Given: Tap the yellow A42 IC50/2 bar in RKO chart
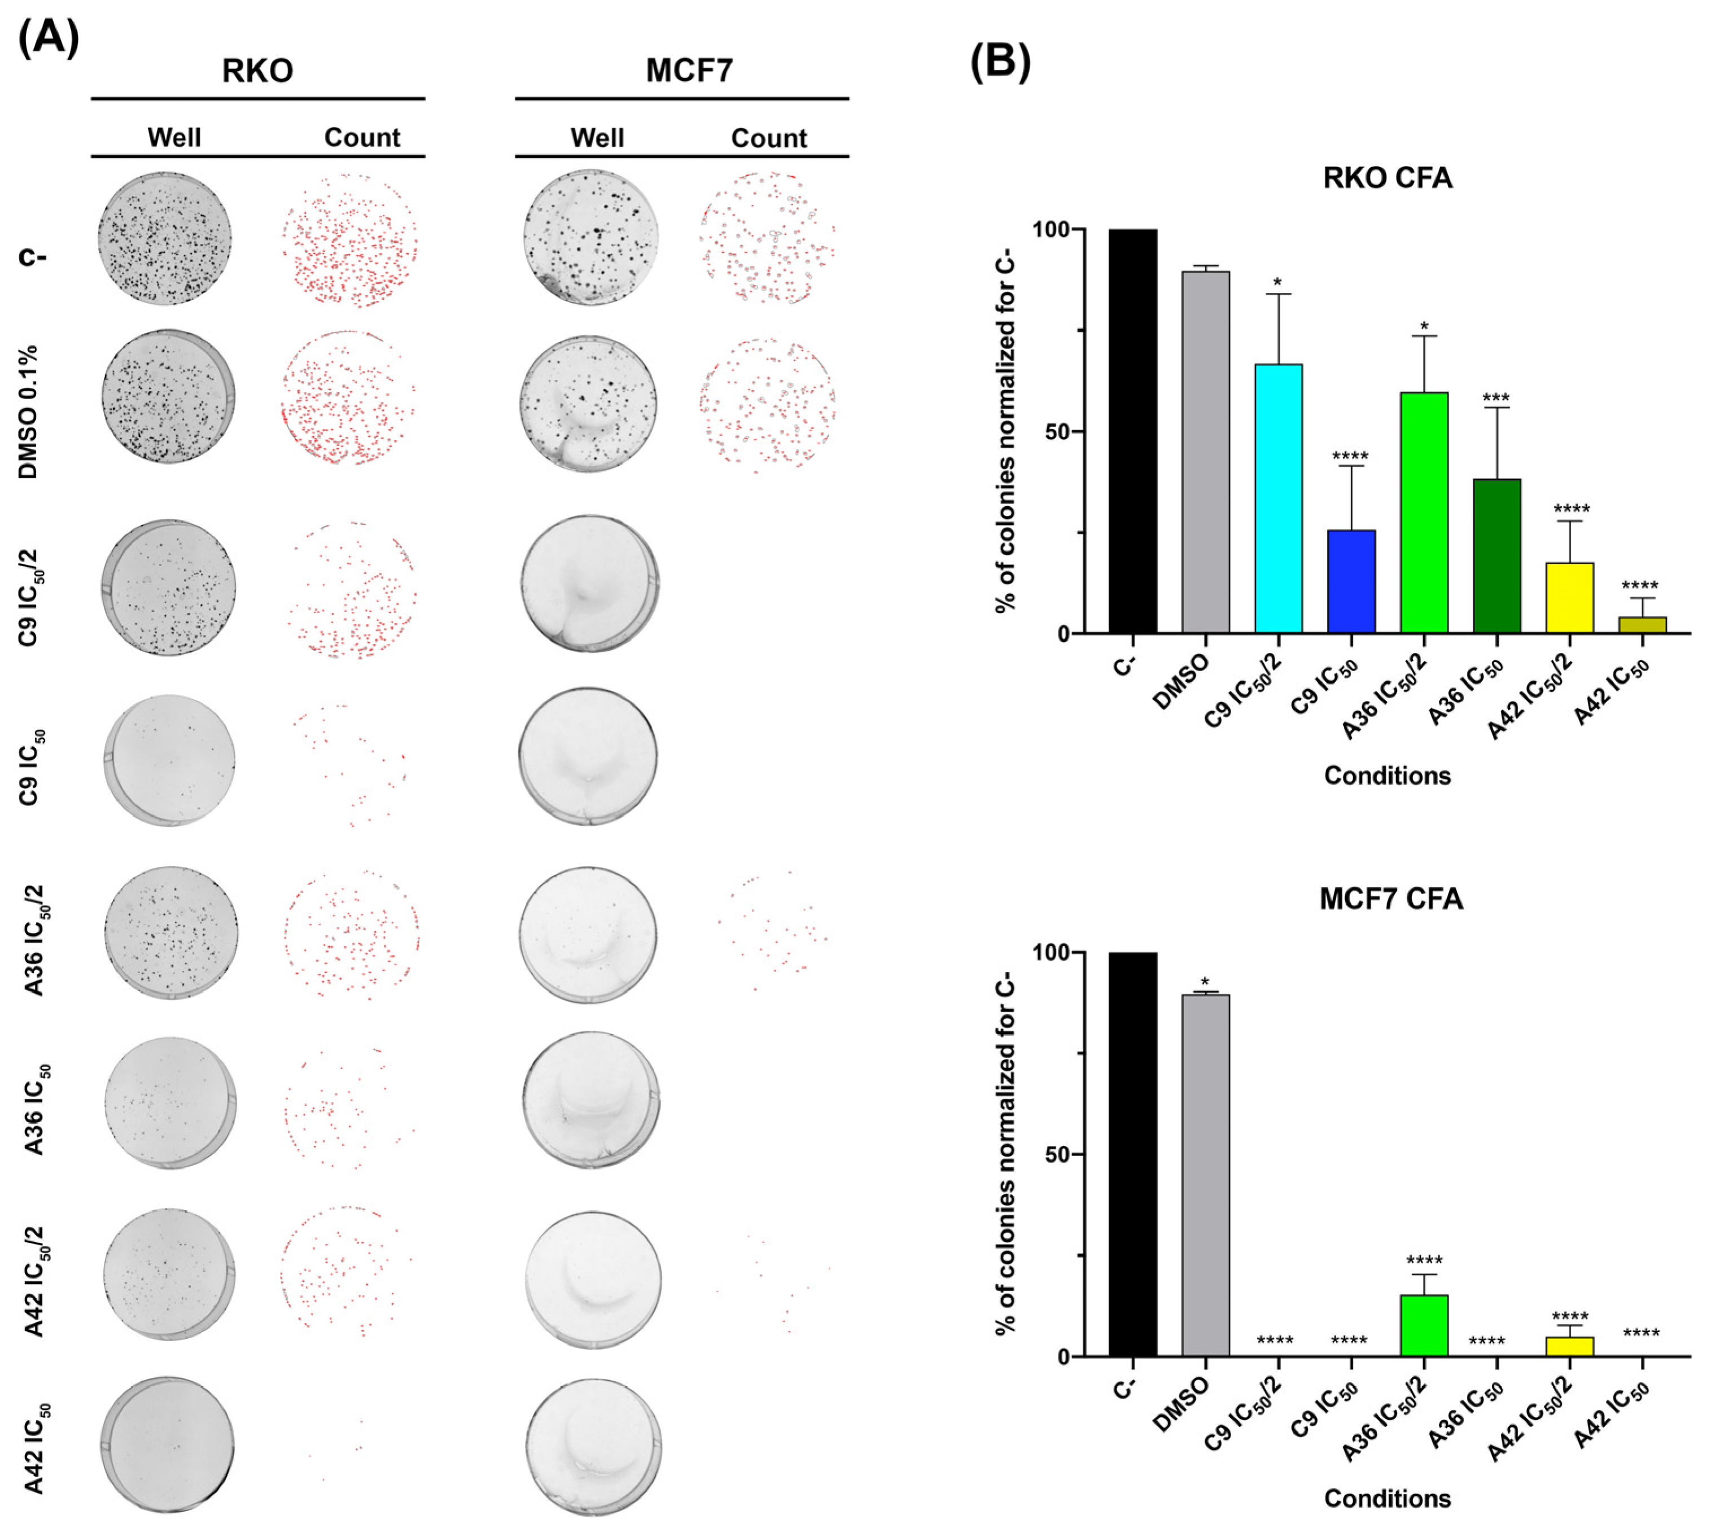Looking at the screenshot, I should [x=1569, y=598].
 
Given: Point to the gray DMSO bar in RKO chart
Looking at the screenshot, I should [x=1205, y=452].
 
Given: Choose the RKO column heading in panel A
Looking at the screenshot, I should [x=257, y=70].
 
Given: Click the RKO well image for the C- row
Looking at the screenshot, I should [x=165, y=238].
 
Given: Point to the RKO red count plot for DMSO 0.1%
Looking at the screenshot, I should [x=348, y=397].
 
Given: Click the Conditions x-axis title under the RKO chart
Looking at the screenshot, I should [x=1387, y=775].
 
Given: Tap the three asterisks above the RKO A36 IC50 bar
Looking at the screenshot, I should [x=1496, y=398].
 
